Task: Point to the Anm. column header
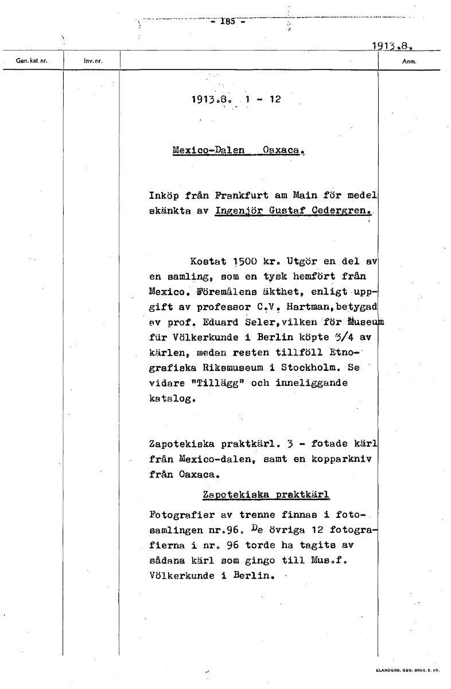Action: click(409, 60)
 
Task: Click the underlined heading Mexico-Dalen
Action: click(208, 150)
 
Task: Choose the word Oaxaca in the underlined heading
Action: click(282, 150)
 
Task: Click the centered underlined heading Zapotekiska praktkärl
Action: click(266, 494)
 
